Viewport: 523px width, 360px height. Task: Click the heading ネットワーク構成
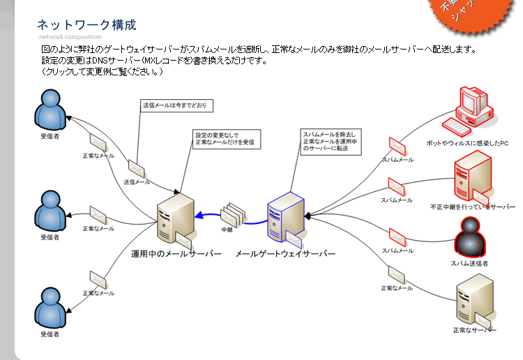coord(86,24)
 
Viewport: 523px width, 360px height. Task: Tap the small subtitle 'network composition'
coord(70,37)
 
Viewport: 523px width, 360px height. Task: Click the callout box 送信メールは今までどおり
coord(177,105)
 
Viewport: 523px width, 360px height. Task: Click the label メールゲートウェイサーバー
coord(286,253)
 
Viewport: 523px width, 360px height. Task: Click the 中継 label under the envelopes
coord(227,229)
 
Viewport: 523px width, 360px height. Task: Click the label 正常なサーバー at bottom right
coord(474,330)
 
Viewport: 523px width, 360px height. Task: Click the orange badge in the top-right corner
coord(461,13)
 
